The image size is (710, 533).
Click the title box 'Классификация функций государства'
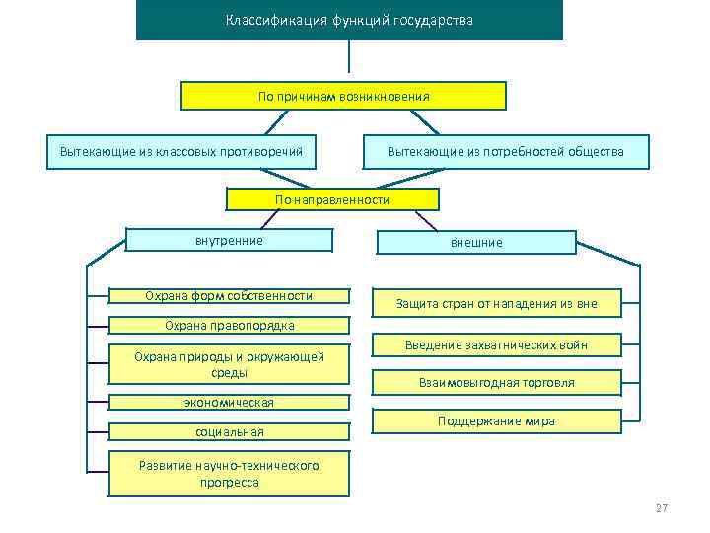click(x=349, y=20)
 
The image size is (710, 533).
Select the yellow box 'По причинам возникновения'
click(x=343, y=96)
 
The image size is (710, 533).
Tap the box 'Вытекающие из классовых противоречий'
click(x=180, y=151)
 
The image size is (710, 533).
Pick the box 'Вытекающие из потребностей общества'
click(x=506, y=151)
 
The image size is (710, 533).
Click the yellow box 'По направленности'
click(x=332, y=199)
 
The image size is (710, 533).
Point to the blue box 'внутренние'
click(x=229, y=240)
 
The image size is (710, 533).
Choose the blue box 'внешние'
click(x=476, y=242)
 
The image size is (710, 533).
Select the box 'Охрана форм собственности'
click(x=229, y=295)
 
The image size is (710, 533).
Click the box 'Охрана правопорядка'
click(x=229, y=326)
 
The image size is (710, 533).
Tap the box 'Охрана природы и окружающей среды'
click(x=229, y=364)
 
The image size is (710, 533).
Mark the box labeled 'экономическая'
click(x=229, y=403)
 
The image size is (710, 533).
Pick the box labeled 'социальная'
click(x=229, y=432)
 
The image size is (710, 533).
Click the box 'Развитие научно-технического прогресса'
click(x=229, y=474)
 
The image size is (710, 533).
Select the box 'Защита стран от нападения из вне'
click(x=496, y=304)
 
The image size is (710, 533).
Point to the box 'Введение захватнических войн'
click(x=496, y=344)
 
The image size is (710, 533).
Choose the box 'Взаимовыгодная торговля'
click(x=496, y=382)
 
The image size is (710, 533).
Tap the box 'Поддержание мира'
click(x=496, y=421)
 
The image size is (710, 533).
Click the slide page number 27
click(x=661, y=508)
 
